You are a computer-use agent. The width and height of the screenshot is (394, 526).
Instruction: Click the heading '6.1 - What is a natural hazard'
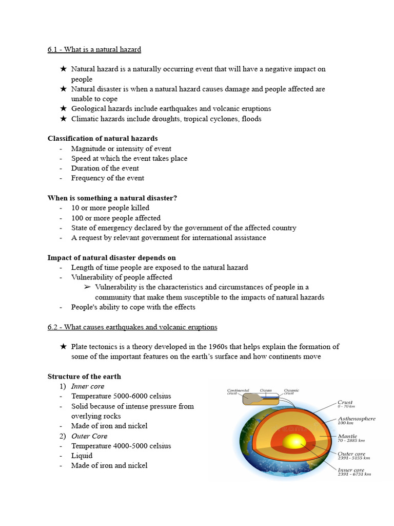coord(94,49)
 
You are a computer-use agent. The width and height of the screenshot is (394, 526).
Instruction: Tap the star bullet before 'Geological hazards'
coord(63,108)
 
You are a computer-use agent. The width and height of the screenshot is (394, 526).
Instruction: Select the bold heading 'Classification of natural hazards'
coord(103,138)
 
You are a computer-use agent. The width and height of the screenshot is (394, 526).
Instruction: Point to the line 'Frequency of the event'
coord(108,178)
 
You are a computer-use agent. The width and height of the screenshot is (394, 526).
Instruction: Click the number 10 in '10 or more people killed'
coord(75,208)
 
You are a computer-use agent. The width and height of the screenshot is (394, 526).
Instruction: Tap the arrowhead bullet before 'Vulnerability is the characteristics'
coord(87,287)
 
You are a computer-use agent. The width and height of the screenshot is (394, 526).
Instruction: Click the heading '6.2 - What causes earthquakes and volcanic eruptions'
coord(132,327)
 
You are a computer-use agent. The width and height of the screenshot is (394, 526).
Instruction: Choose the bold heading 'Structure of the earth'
coord(84,377)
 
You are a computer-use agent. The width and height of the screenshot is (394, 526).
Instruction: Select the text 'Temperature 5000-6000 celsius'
coord(121,396)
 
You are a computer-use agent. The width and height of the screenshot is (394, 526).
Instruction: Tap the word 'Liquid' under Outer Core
coord(82,456)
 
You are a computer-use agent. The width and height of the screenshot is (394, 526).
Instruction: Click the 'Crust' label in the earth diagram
coord(345,402)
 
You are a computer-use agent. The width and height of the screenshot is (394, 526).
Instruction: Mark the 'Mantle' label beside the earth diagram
coord(347,436)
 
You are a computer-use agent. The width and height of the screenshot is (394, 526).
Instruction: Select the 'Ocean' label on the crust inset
coord(266,390)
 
